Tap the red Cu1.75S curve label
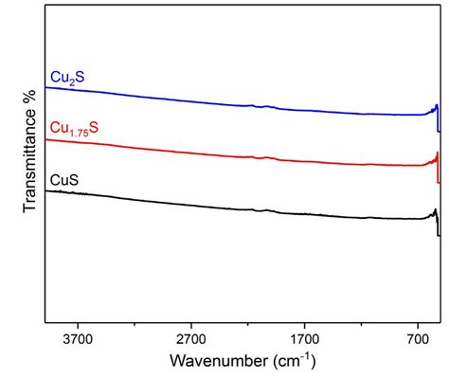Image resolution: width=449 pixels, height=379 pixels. pos(72,125)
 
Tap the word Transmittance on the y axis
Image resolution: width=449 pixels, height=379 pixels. pos(30,157)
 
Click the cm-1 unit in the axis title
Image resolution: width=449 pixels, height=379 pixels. pos(293,361)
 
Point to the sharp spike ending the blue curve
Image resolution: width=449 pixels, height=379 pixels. pos(436,107)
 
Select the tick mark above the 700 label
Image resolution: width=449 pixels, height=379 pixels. pos(419,322)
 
